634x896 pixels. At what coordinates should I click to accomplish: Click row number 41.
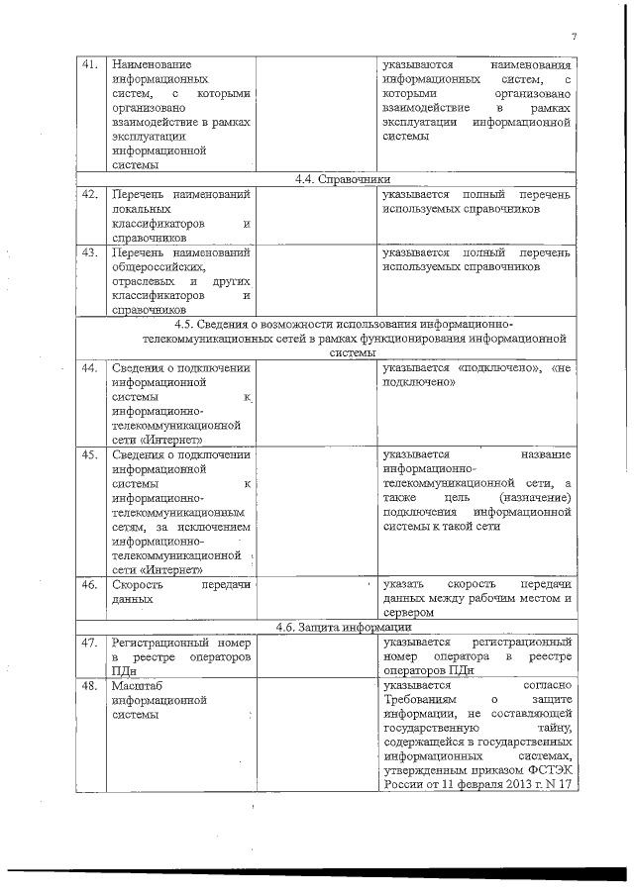[89, 64]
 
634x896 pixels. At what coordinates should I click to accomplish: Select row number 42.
[89, 194]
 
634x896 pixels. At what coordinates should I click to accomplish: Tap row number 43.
[89, 252]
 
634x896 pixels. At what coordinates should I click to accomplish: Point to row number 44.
[89, 367]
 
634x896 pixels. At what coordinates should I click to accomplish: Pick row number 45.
[89, 454]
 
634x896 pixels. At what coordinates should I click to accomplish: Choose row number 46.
[89, 584]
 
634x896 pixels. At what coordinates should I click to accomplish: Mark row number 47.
[89, 643]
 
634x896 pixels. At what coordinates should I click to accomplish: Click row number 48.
[89, 685]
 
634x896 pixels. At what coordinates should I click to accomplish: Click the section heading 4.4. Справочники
[328, 180]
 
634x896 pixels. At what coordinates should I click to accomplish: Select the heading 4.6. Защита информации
[328, 629]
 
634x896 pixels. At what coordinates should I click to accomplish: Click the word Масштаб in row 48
[136, 685]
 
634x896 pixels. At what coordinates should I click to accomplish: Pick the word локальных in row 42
[142, 210]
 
